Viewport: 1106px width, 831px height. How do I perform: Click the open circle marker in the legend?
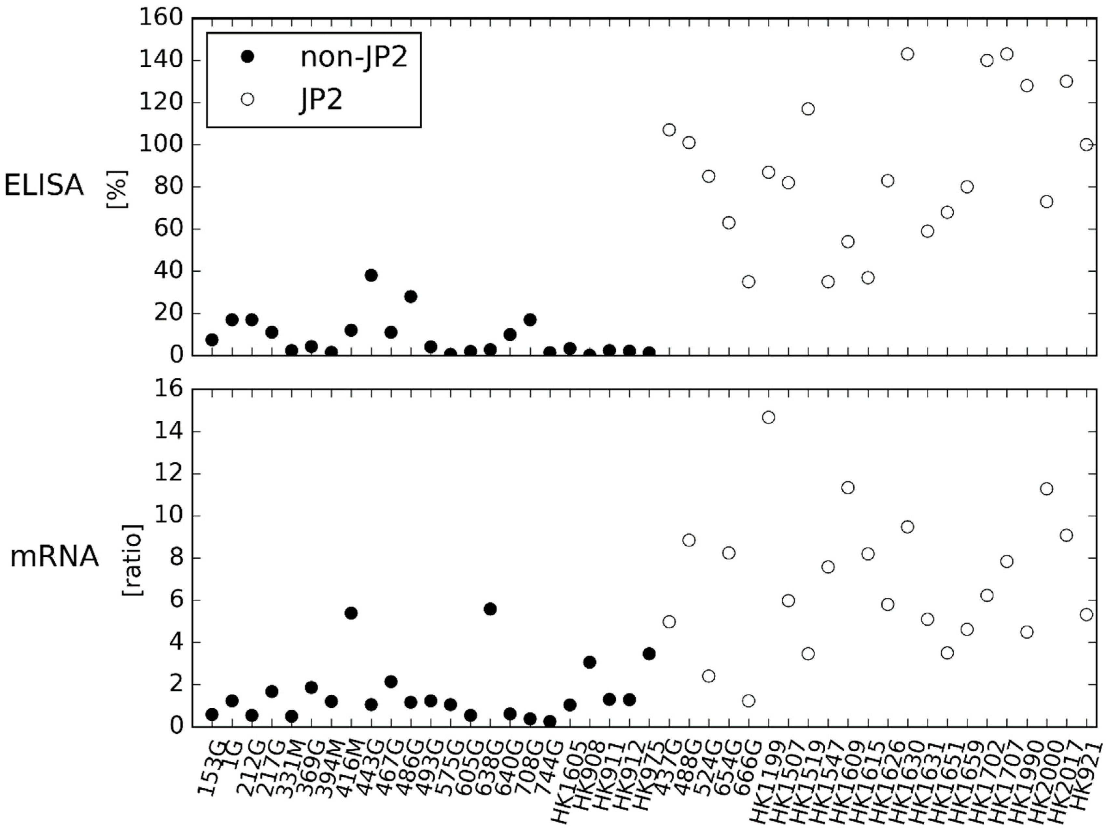pyautogui.click(x=247, y=100)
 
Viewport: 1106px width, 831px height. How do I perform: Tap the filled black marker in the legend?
pyautogui.click(x=247, y=58)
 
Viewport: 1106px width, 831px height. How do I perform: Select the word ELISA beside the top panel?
pyautogui.click(x=44, y=186)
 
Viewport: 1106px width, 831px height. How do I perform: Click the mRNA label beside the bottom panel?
pyautogui.click(x=54, y=557)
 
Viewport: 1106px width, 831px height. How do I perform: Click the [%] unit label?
pyautogui.click(x=118, y=189)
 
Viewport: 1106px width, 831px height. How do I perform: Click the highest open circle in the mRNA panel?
pyautogui.click(x=768, y=417)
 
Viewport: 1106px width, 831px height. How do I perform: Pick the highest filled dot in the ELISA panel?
pyautogui.click(x=371, y=275)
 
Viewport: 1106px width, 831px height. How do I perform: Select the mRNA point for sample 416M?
pyautogui.click(x=351, y=613)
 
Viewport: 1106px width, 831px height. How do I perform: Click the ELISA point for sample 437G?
pyautogui.click(x=669, y=130)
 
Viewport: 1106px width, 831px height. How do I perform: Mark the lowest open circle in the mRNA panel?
pyautogui.click(x=749, y=701)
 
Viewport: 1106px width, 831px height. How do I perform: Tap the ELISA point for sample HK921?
pyautogui.click(x=1086, y=145)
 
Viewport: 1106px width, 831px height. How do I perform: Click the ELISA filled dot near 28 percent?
pyautogui.click(x=411, y=296)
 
